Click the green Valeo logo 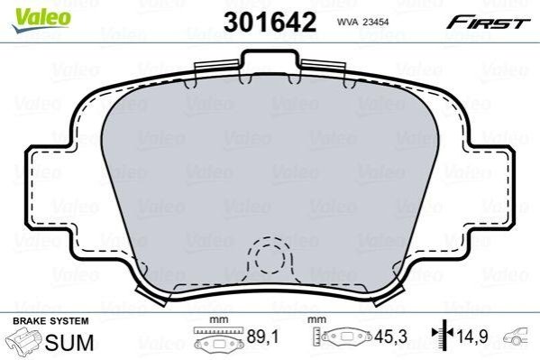(x=41, y=20)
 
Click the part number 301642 (x=270, y=22)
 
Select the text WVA (x=347, y=22)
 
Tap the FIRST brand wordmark (x=489, y=23)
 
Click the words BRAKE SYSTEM (x=50, y=321)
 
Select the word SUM (x=69, y=343)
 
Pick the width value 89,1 (x=262, y=337)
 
